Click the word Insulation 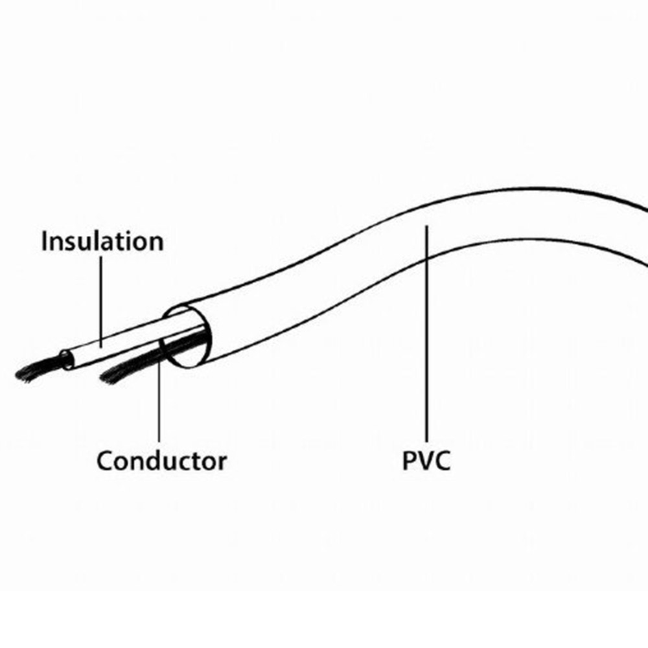102,242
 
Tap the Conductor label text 161,462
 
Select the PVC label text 426,462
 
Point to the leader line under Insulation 101,298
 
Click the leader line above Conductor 159,402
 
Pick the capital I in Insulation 45,242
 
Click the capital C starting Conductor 106,462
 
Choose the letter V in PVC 425,462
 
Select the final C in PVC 442,462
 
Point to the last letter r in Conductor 222,463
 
